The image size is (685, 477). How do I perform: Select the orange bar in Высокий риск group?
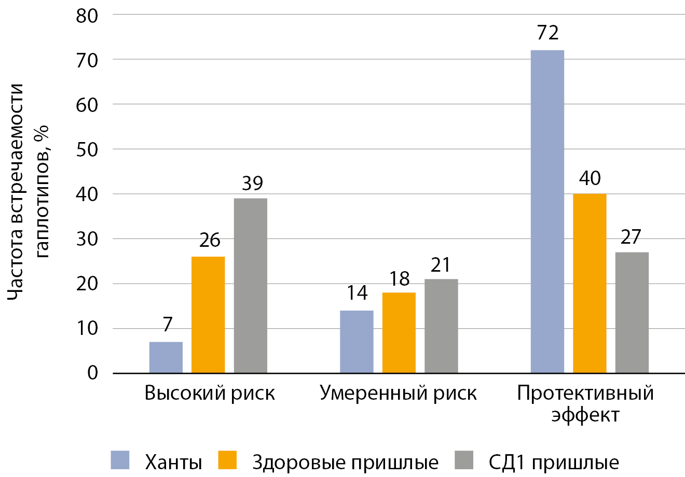208,315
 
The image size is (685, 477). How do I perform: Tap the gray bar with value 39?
251,286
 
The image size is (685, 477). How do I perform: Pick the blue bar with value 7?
166,357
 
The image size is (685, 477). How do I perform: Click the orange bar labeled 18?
399,333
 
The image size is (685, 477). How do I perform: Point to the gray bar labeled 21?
441,326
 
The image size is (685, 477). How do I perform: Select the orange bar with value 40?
590,283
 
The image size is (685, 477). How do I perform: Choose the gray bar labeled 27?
632,313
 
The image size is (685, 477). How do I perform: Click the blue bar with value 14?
357,342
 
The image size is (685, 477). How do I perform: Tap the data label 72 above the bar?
547,33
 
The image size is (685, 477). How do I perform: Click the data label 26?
209,240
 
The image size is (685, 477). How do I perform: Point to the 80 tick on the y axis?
87,16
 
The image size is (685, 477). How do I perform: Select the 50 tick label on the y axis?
87,150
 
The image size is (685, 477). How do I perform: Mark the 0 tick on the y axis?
93,373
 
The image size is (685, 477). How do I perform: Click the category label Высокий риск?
209,393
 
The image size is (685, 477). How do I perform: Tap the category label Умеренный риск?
398,393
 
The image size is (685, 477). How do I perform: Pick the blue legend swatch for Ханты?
120,460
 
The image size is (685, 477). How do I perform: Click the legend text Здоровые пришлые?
345,462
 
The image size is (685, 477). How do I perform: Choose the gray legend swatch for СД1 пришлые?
464,460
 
